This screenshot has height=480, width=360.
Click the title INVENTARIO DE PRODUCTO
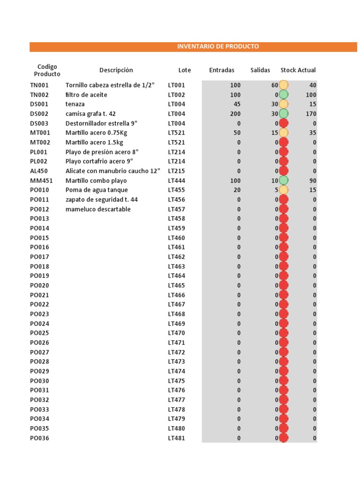tap(217, 46)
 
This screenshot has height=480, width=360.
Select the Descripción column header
tap(116, 70)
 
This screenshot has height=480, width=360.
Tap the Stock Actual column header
tap(298, 70)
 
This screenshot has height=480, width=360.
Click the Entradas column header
tap(222, 70)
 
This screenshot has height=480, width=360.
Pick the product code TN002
tap(39, 95)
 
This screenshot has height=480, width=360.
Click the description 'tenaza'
tap(75, 104)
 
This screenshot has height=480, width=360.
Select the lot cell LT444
tap(177, 180)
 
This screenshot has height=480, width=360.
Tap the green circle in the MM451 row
tap(284, 180)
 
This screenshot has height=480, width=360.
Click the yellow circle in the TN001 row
tap(284, 85)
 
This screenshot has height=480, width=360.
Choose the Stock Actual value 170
tap(311, 114)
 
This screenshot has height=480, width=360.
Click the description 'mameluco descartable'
tap(98, 209)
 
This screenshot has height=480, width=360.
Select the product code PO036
tap(39, 438)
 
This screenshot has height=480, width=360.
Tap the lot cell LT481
tap(177, 438)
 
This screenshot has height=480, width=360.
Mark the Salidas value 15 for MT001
tap(275, 133)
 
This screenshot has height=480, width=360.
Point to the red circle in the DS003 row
tap(284, 123)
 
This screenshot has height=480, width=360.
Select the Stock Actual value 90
tap(313, 180)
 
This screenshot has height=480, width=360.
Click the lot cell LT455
tap(177, 190)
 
